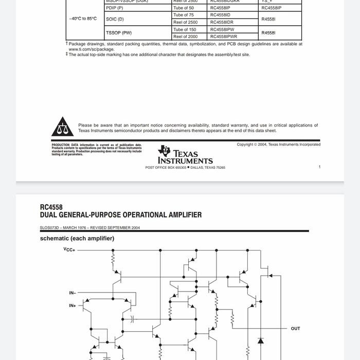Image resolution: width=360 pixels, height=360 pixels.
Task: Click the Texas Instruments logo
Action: (x=185, y=154)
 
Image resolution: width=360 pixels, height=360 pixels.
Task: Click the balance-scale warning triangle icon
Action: (x=62, y=127)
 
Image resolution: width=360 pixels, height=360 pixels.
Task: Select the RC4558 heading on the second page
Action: (x=51, y=207)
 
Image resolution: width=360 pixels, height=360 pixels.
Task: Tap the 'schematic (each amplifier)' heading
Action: (x=77, y=239)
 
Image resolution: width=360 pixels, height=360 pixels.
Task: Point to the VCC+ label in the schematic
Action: (x=69, y=250)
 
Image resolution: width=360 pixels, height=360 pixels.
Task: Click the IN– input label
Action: (x=73, y=293)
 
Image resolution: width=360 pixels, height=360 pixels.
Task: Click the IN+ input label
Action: (x=73, y=305)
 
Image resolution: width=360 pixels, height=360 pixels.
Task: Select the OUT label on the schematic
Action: (x=295, y=329)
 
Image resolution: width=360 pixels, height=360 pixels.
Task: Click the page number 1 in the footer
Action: (x=319, y=167)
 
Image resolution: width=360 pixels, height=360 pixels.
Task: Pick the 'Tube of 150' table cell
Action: (x=184, y=29)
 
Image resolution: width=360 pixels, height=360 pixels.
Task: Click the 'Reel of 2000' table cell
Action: (x=185, y=37)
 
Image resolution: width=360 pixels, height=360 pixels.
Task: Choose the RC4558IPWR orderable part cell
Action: (x=224, y=37)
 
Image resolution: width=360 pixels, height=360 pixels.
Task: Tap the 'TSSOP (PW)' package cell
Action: (x=119, y=33)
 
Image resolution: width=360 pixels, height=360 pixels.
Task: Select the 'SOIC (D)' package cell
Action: (x=115, y=19)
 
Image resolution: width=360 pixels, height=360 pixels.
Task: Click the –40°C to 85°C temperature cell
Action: (x=83, y=19)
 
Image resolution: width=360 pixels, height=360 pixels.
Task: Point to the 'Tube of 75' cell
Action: (x=184, y=15)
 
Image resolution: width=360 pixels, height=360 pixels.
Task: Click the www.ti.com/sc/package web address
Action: (x=92, y=49)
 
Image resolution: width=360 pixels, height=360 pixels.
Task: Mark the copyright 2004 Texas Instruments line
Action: (x=278, y=145)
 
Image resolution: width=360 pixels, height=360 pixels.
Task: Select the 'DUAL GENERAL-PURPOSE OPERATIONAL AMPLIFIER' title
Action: (x=121, y=215)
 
